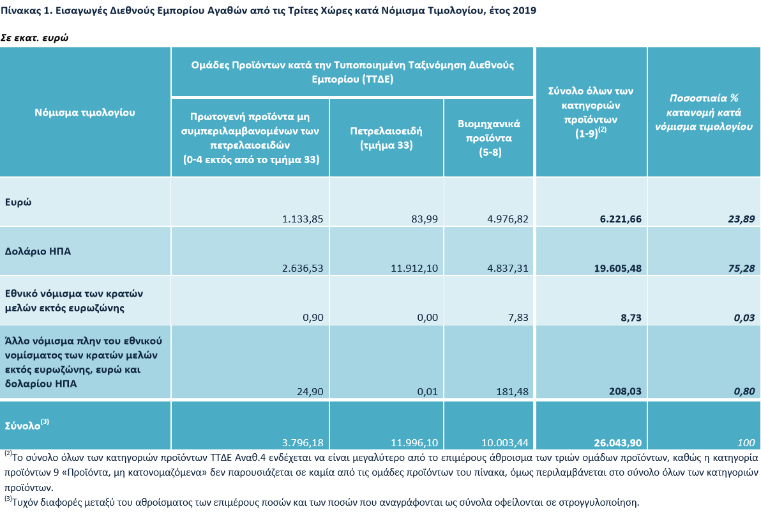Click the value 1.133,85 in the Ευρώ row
pyautogui.click(x=303, y=219)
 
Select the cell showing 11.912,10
pyautogui.click(x=414, y=268)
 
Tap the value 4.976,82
pyautogui.click(x=508, y=219)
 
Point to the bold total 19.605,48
pyautogui.click(x=618, y=268)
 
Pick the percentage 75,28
pyautogui.click(x=742, y=268)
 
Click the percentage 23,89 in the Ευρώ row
pyautogui.click(x=742, y=219)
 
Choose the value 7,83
pyautogui.click(x=518, y=317)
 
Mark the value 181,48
pyautogui.click(x=512, y=391)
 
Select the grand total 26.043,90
pyautogui.click(x=618, y=443)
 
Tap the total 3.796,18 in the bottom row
pyautogui.click(x=303, y=443)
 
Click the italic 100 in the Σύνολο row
pyautogui.click(x=746, y=443)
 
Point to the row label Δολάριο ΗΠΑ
pyautogui.click(x=38, y=251)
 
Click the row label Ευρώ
pyautogui.click(x=18, y=202)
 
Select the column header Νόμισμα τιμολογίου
pyautogui.click(x=85, y=113)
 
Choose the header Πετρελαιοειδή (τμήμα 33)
pyautogui.click(x=386, y=138)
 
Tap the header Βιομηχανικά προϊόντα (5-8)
pyautogui.click(x=489, y=138)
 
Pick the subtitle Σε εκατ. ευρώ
pyautogui.click(x=34, y=38)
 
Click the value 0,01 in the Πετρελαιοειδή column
pyautogui.click(x=428, y=391)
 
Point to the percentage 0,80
pyautogui.click(x=744, y=391)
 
